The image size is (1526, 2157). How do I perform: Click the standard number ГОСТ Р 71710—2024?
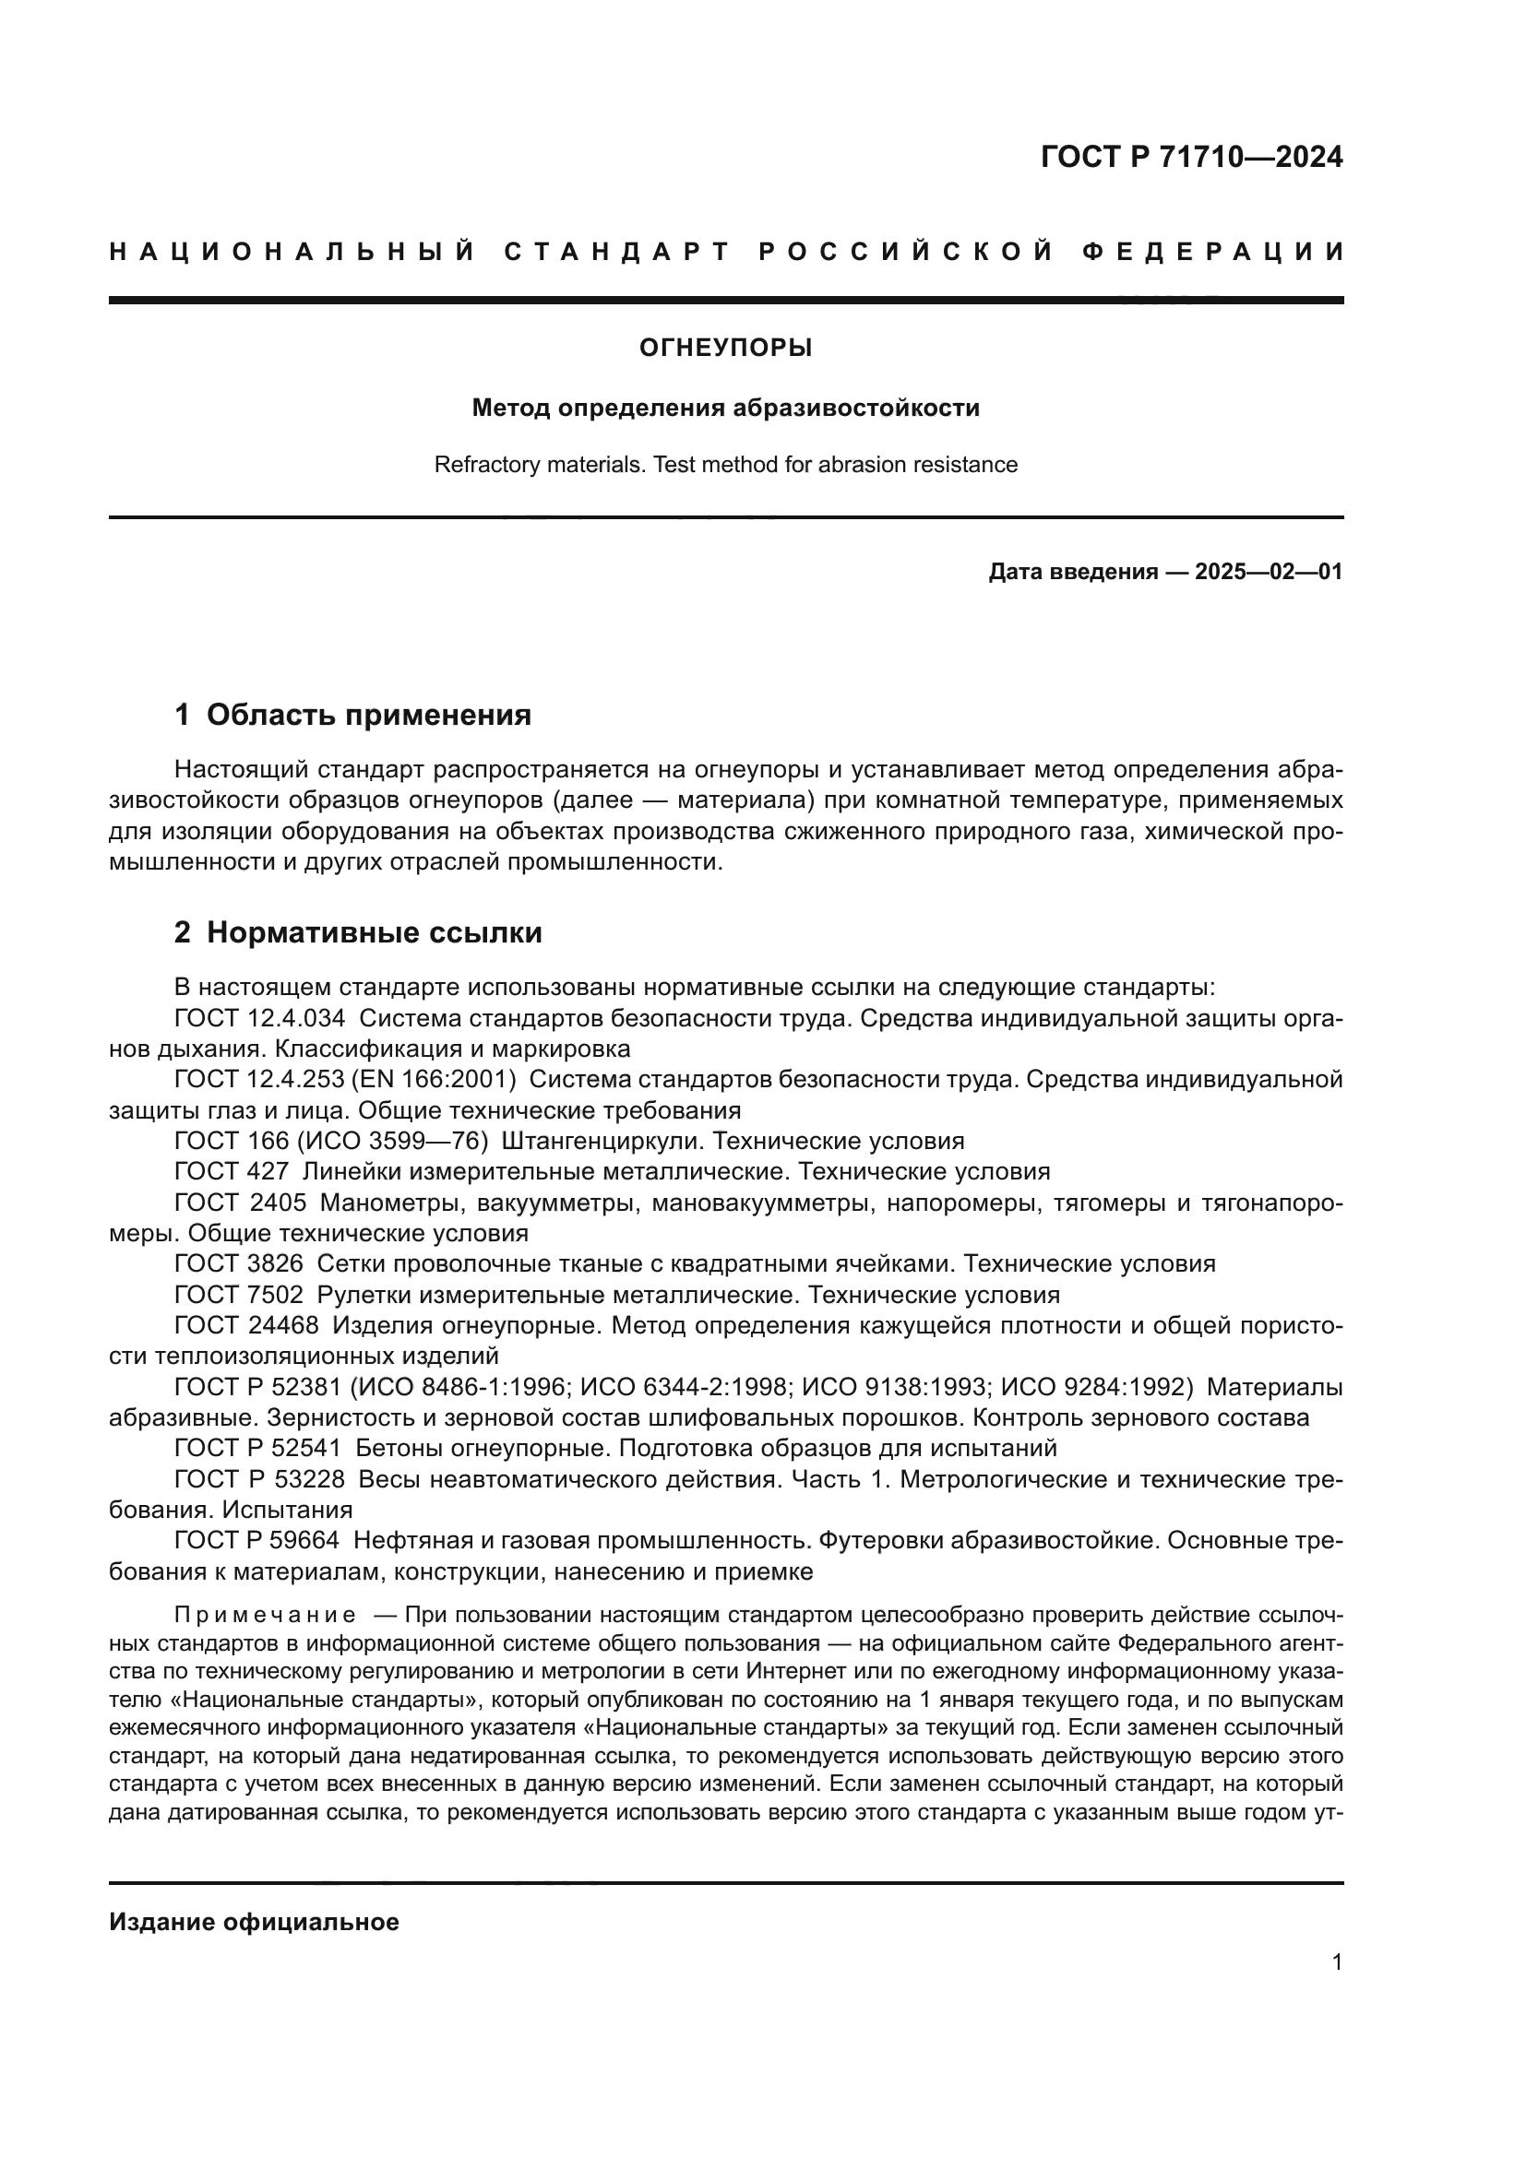point(1191,157)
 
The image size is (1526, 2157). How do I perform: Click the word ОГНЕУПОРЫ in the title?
point(725,349)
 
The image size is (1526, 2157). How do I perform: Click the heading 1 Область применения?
point(352,715)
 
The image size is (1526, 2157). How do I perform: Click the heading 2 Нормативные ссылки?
point(358,933)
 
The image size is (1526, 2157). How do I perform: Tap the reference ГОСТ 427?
point(232,1171)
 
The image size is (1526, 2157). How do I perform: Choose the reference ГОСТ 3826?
point(239,1264)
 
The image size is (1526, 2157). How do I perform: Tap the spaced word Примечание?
point(265,1615)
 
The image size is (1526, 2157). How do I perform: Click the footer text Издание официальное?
point(254,1922)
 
